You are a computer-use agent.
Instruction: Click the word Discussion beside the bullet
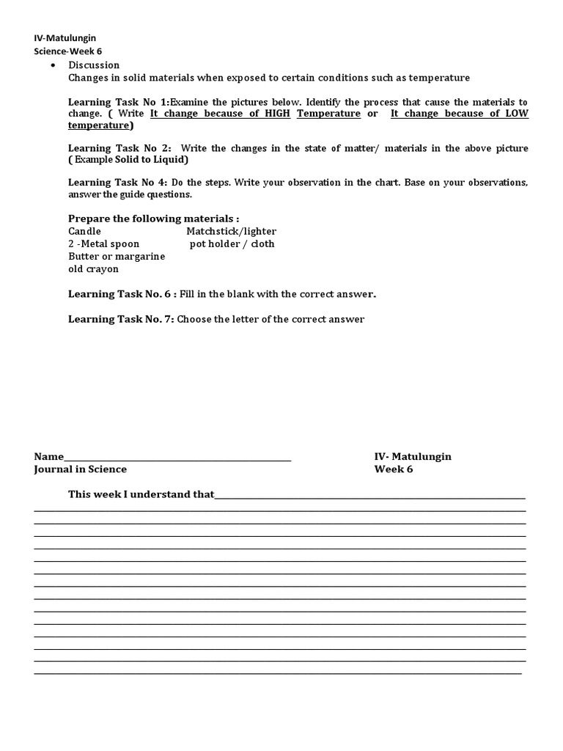pos(94,65)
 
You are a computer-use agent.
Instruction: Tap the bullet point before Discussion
pos(54,65)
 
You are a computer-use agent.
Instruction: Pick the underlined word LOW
pos(515,114)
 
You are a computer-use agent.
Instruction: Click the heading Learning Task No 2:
pos(119,148)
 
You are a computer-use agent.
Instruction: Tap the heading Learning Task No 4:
pos(119,182)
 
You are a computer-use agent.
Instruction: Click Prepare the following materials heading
pos(153,219)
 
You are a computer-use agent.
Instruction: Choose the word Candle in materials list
pos(84,231)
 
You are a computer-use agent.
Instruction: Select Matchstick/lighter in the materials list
pos(231,231)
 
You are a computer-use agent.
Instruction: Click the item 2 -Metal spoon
pos(103,243)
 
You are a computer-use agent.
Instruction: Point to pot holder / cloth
pos(232,243)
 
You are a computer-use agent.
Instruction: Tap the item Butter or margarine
pos(117,256)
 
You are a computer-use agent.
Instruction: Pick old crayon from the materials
pos(93,268)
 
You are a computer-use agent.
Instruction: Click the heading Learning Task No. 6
pos(122,294)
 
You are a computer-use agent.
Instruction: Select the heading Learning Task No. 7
pos(121,319)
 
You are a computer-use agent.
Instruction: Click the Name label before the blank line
pos(49,456)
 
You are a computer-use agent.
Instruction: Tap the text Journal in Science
pos(80,469)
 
